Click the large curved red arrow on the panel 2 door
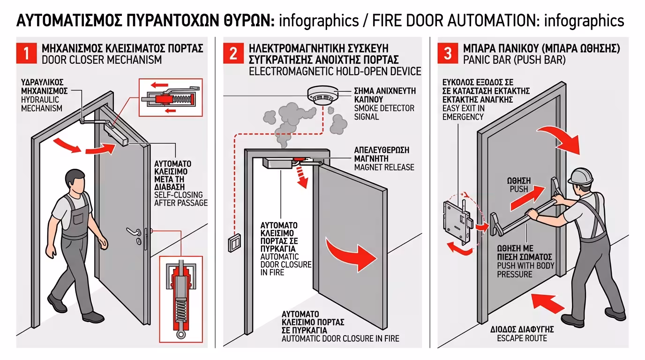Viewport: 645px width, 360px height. pyautogui.click(x=352, y=253)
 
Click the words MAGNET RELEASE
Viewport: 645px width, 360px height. pyautogui.click(x=384, y=167)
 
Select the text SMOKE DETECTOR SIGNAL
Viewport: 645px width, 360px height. pyautogui.click(x=384, y=112)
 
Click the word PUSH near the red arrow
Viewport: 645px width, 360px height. pyautogui.click(x=518, y=189)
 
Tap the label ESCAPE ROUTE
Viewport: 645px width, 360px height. pyautogui.click(x=522, y=338)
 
